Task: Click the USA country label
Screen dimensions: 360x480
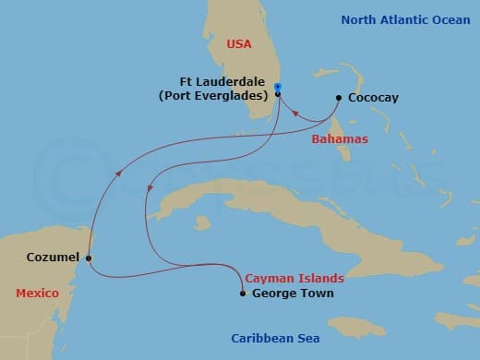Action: pyautogui.click(x=239, y=42)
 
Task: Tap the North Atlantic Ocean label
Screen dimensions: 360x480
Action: pyautogui.click(x=398, y=19)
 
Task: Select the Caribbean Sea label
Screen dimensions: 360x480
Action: pyautogui.click(x=274, y=338)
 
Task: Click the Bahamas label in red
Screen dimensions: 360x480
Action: pyautogui.click(x=340, y=139)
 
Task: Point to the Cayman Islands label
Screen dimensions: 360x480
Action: pyautogui.click(x=294, y=278)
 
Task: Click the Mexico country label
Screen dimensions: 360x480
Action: pyautogui.click(x=37, y=293)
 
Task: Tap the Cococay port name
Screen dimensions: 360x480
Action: pyautogui.click(x=374, y=97)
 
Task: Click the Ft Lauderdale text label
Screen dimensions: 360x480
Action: pyautogui.click(x=226, y=79)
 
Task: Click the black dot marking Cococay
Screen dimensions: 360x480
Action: pyautogui.click(x=339, y=97)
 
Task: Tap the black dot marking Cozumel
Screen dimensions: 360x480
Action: pyautogui.click(x=89, y=258)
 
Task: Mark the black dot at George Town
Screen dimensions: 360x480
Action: pyautogui.click(x=242, y=294)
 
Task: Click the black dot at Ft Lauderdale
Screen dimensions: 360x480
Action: pyautogui.click(x=278, y=94)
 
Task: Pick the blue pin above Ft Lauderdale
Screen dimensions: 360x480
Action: pyautogui.click(x=278, y=88)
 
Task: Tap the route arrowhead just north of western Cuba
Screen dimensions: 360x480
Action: pyautogui.click(x=150, y=191)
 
